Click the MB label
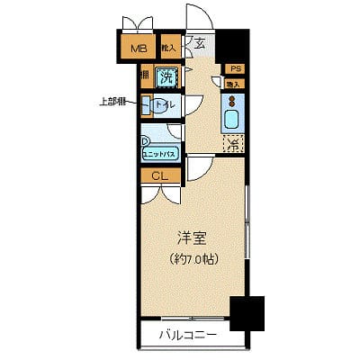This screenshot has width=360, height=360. coord(139,49)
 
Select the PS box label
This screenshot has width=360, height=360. coord(233,68)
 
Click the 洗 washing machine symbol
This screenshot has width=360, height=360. coord(166,77)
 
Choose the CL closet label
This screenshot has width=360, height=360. coord(157,175)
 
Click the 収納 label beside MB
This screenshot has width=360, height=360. coord(168,47)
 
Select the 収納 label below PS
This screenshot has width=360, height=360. coord(232,84)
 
